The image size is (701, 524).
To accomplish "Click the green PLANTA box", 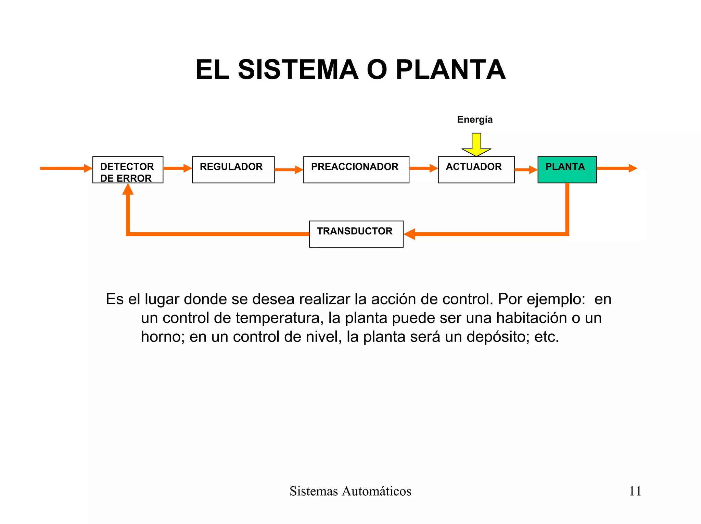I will (x=567, y=170).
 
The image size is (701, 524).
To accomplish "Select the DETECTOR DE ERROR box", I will (x=128, y=170).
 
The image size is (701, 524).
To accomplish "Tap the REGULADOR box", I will (x=233, y=170).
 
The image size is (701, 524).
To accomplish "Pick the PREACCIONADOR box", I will (x=356, y=170).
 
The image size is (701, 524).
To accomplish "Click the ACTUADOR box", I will (x=476, y=170).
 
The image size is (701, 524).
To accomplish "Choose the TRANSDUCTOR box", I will (x=356, y=234).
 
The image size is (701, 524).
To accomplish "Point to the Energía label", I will (x=475, y=119).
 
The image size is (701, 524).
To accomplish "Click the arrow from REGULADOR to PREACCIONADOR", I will (x=289, y=169).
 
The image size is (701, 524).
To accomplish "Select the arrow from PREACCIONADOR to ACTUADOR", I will (x=423, y=168).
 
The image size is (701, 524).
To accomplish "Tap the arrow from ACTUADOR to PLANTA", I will (x=526, y=169).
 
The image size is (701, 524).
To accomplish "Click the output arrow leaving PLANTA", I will (x=616, y=168).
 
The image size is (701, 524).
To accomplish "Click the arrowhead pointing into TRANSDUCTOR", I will (x=410, y=234).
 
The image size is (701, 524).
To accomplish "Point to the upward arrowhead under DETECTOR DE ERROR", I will (x=128, y=190).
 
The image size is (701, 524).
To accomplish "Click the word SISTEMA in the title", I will (x=298, y=70).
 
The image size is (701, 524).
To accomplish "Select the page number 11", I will (x=635, y=491).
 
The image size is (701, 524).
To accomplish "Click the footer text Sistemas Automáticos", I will (x=350, y=491).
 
